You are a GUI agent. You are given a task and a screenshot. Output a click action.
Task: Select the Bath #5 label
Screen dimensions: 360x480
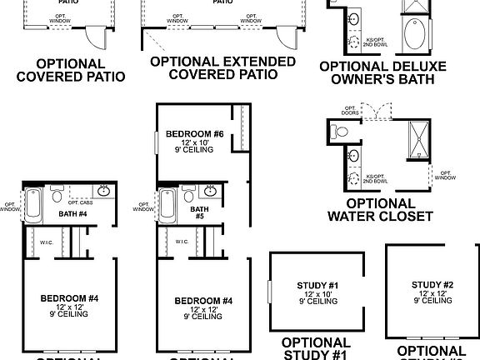(x=199, y=213)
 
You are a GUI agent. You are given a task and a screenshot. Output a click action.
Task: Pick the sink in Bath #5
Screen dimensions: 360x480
(x=212, y=191)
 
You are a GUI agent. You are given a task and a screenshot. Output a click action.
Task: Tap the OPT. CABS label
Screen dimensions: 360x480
(x=79, y=202)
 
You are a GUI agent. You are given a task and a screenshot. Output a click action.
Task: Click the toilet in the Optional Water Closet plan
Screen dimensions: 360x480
(x=338, y=132)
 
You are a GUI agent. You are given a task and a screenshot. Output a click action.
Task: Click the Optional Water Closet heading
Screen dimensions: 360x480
(x=379, y=210)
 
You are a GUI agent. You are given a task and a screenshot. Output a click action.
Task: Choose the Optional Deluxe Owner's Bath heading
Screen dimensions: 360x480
(x=382, y=73)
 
